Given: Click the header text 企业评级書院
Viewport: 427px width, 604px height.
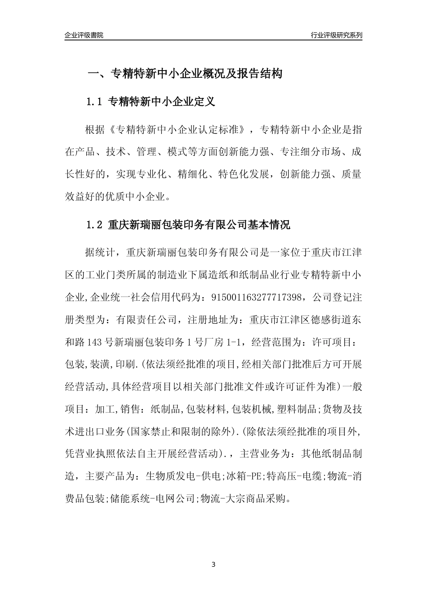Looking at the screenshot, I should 84,35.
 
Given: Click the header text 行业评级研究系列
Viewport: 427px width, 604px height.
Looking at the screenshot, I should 336,35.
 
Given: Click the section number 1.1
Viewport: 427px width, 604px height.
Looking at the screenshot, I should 94,102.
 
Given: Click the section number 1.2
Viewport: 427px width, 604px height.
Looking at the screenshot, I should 94,225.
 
